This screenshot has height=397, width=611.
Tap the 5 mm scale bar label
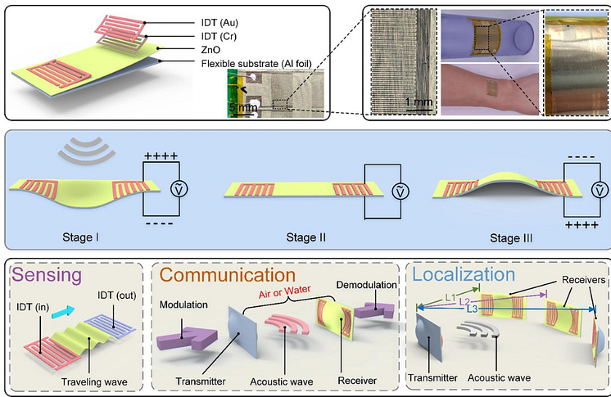tap(244, 107)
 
